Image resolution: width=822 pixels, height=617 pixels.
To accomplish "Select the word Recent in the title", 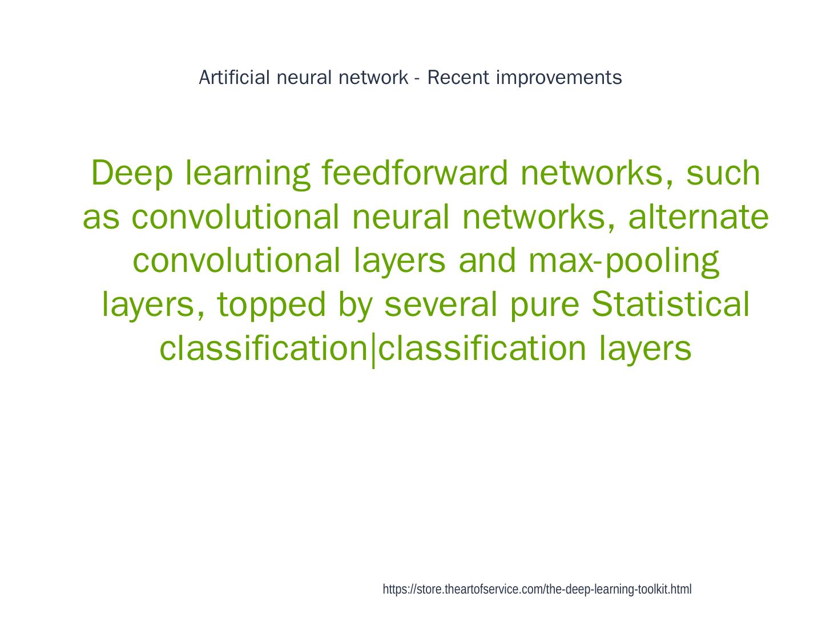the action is [x=458, y=77].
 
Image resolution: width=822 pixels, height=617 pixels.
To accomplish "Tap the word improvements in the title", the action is [x=559, y=78].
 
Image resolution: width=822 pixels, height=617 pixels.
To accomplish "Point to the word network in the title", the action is [x=373, y=77].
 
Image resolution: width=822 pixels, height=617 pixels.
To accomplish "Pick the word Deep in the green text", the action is [x=131, y=174].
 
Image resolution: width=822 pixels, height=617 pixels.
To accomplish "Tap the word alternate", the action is [x=698, y=217].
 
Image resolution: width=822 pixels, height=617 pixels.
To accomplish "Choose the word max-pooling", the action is [x=623, y=261].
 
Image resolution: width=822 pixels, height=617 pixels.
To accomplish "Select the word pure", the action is [x=543, y=305].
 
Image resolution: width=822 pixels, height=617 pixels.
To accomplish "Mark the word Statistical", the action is [x=670, y=304].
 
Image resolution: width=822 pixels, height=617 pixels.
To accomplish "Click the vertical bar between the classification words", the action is [x=373, y=350].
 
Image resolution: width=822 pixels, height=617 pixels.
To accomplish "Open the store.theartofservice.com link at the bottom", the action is [x=537, y=590].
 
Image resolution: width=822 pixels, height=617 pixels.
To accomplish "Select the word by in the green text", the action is [x=354, y=305].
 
